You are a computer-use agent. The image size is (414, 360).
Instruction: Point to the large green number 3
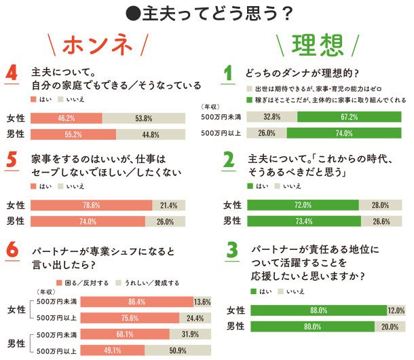(231, 252)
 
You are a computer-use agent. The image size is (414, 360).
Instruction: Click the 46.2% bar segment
(67, 118)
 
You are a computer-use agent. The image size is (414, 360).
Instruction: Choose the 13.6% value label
(202, 301)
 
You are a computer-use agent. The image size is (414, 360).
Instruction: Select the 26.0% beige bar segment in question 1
(267, 133)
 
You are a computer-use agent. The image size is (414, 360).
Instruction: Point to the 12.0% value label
(397, 311)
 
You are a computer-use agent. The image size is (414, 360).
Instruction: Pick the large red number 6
(11, 250)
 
